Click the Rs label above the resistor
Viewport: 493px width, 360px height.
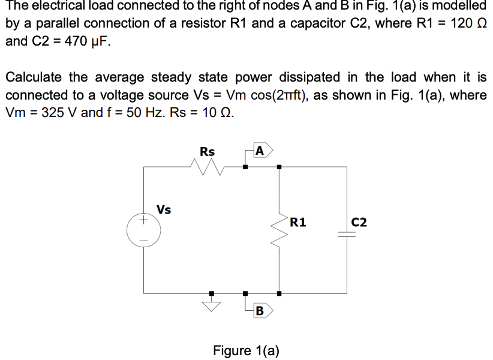(x=207, y=152)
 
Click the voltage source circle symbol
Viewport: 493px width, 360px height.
(x=143, y=231)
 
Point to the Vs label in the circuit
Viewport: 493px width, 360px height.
(x=164, y=209)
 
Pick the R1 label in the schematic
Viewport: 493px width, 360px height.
(x=298, y=223)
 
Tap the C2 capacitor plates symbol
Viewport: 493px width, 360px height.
(x=347, y=236)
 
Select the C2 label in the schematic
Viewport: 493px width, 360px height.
(x=360, y=223)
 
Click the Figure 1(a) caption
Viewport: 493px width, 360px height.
(x=246, y=350)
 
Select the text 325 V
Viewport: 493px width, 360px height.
(x=55, y=113)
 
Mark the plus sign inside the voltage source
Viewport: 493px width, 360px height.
(x=143, y=223)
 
